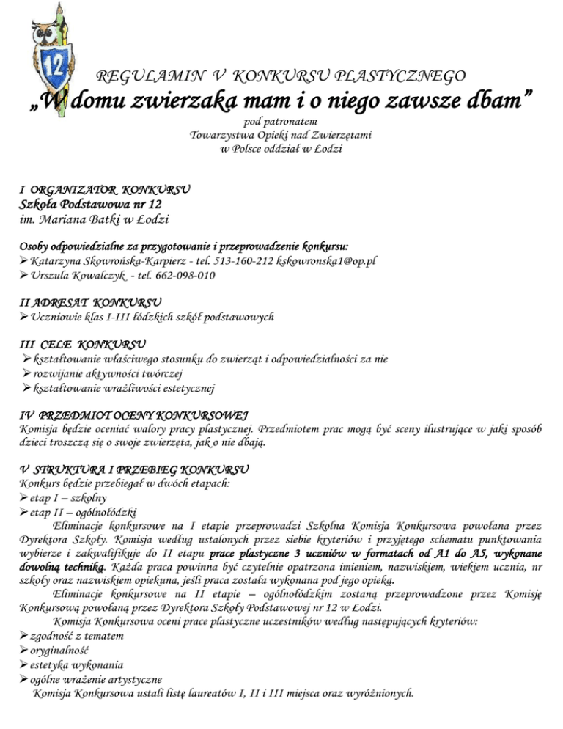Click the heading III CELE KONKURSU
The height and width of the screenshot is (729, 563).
pyautogui.click(x=82, y=343)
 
